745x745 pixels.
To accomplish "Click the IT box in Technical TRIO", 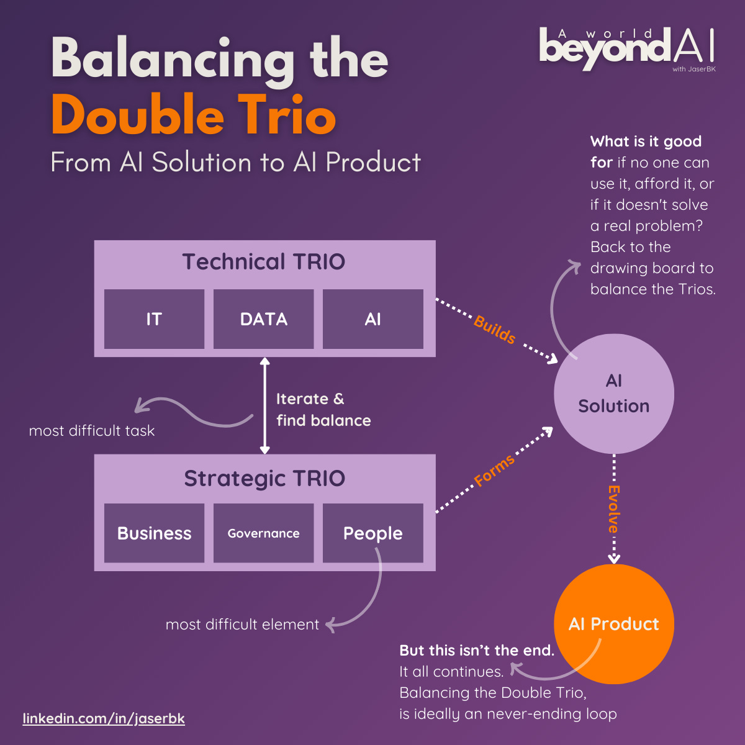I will tap(154, 319).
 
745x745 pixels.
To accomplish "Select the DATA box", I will tap(264, 319).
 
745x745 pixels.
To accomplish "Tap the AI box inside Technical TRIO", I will tap(373, 319).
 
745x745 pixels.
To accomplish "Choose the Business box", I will tap(154, 533).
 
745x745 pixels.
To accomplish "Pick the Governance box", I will tap(264, 533).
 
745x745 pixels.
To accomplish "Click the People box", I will tap(373, 533).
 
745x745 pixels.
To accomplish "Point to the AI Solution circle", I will tap(613, 394).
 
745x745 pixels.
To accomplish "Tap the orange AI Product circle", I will tap(613, 623).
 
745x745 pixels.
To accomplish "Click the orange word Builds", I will tap(495, 330).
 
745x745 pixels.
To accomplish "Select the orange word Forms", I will tap(494, 471).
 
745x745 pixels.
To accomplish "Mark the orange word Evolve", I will tap(613, 509).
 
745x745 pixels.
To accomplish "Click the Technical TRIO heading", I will tap(264, 262).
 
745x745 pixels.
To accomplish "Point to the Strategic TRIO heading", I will tap(264, 479).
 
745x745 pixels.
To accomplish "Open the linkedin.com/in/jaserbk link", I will tap(104, 718).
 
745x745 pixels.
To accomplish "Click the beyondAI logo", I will tap(627, 48).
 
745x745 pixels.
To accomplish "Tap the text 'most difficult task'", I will tap(92, 431).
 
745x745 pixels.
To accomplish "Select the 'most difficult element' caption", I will tap(242, 625).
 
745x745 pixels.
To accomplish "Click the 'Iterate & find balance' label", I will tap(323, 410).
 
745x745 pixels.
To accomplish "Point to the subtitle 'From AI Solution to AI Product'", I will tap(236, 162).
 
